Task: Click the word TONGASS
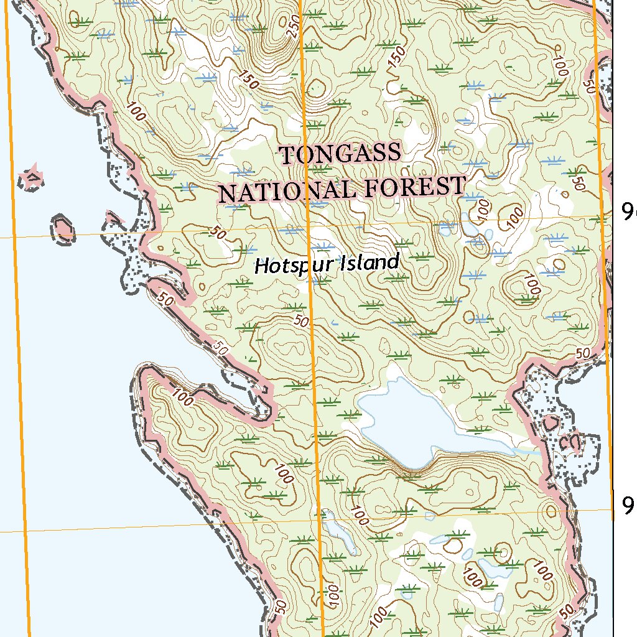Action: (340, 154)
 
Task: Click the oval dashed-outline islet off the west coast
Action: (63, 228)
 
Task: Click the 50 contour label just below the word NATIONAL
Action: (217, 233)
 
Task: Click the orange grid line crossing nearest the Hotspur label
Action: (309, 227)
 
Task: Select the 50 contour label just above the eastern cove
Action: (583, 353)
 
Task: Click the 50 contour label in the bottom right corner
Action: (567, 611)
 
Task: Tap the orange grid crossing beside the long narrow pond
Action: (320, 516)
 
